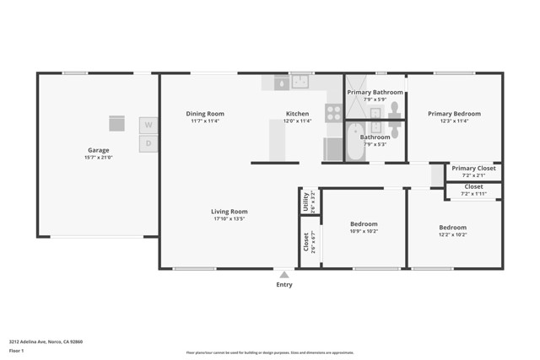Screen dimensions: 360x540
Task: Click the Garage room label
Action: [x=98, y=150]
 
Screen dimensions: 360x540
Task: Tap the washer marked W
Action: [x=148, y=125]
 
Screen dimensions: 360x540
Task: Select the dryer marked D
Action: [x=148, y=143]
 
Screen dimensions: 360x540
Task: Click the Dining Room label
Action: [x=205, y=114]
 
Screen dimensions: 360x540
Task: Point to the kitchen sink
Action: [x=300, y=82]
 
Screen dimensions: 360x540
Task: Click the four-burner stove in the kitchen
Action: [x=333, y=113]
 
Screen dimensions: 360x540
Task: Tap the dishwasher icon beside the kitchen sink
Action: [x=280, y=83]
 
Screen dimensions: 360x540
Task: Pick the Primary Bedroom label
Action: [x=454, y=114]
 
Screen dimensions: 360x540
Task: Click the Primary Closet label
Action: [x=473, y=168]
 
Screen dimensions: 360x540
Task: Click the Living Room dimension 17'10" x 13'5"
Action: [x=229, y=219]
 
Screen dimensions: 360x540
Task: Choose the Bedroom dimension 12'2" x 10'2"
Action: [x=452, y=234]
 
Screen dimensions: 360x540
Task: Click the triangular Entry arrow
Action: [x=284, y=274]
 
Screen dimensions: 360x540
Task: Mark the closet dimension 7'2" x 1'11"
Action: [x=473, y=193]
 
